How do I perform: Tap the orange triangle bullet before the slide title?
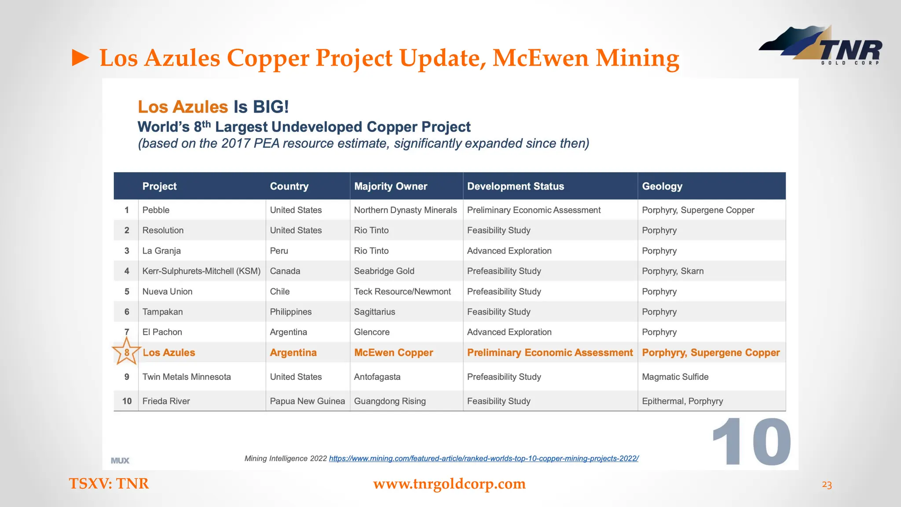point(81,58)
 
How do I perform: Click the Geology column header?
point(662,186)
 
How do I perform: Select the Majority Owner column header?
point(390,186)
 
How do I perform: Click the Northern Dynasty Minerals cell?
point(405,210)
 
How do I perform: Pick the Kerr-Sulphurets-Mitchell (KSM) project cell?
point(201,271)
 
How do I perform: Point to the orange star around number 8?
point(126,352)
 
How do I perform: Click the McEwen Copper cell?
point(393,353)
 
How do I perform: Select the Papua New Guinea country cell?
point(307,401)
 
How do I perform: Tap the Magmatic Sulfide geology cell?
point(675,377)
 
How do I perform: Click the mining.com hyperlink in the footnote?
point(483,458)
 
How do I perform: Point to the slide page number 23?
point(827,485)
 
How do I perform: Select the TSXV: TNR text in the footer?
point(109,484)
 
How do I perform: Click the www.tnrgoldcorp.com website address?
point(449,484)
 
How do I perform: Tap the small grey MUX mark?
point(120,460)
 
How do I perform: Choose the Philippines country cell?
point(290,312)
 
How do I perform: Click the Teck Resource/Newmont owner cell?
point(402,291)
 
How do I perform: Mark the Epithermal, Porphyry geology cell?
point(682,401)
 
